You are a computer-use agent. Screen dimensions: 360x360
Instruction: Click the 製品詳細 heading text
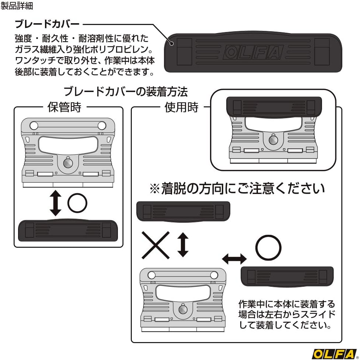[17, 6]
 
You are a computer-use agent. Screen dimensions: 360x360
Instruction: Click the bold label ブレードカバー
[47, 24]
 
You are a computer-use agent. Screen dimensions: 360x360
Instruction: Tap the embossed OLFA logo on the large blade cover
[253, 52]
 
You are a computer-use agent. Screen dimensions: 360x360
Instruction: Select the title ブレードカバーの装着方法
[126, 92]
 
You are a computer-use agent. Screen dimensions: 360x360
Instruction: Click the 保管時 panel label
[64, 107]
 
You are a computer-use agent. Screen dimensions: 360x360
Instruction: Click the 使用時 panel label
[181, 107]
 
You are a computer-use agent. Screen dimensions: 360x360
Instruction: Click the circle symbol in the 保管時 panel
[77, 203]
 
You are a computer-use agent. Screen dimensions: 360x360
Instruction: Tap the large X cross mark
[155, 245]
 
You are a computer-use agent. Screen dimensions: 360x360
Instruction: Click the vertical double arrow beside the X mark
[183, 244]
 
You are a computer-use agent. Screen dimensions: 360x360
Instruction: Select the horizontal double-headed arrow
[234, 259]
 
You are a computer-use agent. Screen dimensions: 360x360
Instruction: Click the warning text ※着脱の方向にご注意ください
[237, 189]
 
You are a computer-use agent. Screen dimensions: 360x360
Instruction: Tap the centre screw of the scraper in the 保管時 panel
[68, 163]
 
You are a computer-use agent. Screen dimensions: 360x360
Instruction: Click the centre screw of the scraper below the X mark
[183, 310]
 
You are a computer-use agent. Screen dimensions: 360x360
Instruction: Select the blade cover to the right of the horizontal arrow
[287, 276]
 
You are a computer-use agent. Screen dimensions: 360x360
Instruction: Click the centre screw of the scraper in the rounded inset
[273, 140]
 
